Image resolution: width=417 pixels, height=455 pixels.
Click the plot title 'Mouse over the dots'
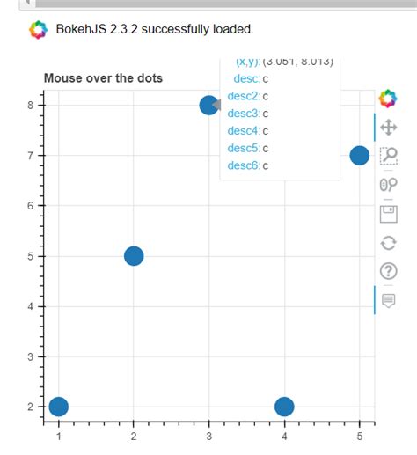103,78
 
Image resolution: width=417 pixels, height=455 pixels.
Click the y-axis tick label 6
30,206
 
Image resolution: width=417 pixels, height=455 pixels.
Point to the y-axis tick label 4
30,306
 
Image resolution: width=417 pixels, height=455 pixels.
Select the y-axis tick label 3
30,356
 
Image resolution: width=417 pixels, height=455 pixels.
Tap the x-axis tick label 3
208,436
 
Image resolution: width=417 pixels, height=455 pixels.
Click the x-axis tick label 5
359,436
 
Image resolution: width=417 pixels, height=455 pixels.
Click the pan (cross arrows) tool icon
388,128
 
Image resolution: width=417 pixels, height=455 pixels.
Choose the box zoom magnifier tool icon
388,156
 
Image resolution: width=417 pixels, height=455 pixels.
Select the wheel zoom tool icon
388,184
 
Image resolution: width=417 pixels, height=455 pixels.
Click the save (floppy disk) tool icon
388,213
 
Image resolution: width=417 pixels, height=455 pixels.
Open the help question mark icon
388,270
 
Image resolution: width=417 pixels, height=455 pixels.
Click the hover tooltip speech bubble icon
388,299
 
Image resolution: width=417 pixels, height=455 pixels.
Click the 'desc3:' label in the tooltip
243,114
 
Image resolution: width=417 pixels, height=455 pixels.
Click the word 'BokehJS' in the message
83,30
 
